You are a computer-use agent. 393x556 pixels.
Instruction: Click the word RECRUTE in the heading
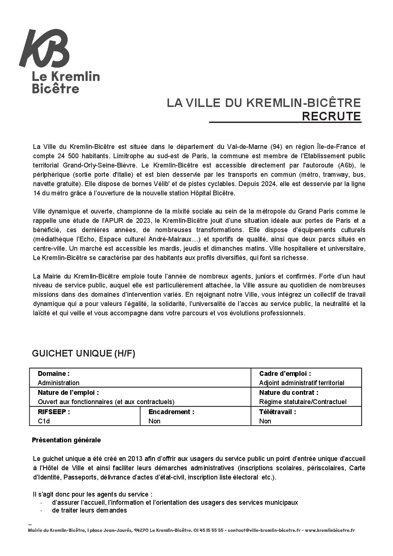pos(332,116)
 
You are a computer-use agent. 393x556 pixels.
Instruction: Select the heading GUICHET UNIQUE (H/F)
pos(84,354)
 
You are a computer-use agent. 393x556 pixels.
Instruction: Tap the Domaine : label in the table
pos(53,374)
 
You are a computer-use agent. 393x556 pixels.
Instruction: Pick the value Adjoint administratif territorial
pos(302,383)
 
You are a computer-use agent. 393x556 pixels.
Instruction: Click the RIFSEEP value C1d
pos(44,421)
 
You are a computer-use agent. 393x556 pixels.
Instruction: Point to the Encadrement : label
pos(171,412)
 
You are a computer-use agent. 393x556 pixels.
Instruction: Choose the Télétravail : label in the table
pos(277,412)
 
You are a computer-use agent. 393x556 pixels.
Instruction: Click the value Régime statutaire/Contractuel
pos(303,402)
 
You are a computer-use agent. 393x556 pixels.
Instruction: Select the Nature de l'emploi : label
pos(68,393)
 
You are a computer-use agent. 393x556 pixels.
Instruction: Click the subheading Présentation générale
pos(66,440)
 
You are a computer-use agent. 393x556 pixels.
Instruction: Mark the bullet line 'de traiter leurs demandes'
pos(90,510)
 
